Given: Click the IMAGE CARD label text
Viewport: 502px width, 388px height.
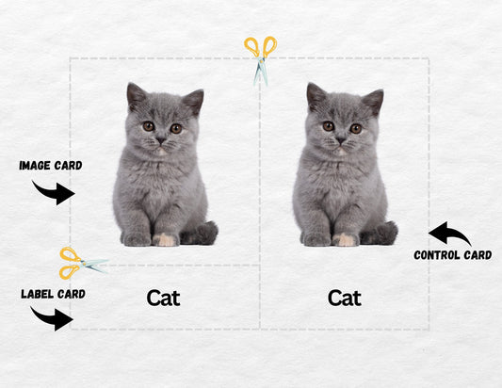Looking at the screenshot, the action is click(51, 166).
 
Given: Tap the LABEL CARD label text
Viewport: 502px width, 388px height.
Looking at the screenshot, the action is click(53, 294).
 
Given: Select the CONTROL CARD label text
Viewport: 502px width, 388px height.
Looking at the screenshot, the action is click(453, 255).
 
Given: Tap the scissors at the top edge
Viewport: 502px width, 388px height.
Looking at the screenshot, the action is click(261, 59).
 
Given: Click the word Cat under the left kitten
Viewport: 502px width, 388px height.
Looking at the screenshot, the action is click(163, 298).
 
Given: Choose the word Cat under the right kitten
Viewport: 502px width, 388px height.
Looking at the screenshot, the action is click(345, 298).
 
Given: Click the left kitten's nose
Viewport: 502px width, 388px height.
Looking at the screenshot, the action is click(161, 140).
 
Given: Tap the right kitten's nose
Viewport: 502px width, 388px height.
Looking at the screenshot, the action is click(341, 140).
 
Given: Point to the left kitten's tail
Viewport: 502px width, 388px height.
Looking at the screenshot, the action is click(201, 234).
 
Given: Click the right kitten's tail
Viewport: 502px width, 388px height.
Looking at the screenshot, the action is click(381, 234).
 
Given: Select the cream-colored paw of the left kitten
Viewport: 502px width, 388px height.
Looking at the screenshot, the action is click(165, 239).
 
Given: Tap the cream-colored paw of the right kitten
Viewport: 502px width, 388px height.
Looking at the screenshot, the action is click(345, 239).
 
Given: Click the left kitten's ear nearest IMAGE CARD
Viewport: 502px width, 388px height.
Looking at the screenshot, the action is click(135, 95).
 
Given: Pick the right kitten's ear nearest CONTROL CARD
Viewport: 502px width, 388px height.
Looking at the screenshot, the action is click(374, 101).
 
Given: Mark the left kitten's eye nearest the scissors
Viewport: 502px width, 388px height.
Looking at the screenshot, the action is click(176, 129).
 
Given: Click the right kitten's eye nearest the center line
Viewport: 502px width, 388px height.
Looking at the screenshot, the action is click(329, 126).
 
